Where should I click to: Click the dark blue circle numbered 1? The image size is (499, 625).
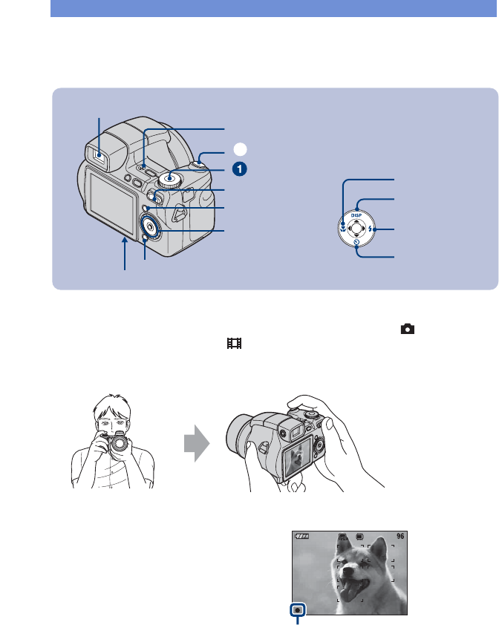[x=238, y=169]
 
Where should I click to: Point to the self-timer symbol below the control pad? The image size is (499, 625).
[x=357, y=242]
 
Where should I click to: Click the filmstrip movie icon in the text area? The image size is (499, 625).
[x=235, y=344]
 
